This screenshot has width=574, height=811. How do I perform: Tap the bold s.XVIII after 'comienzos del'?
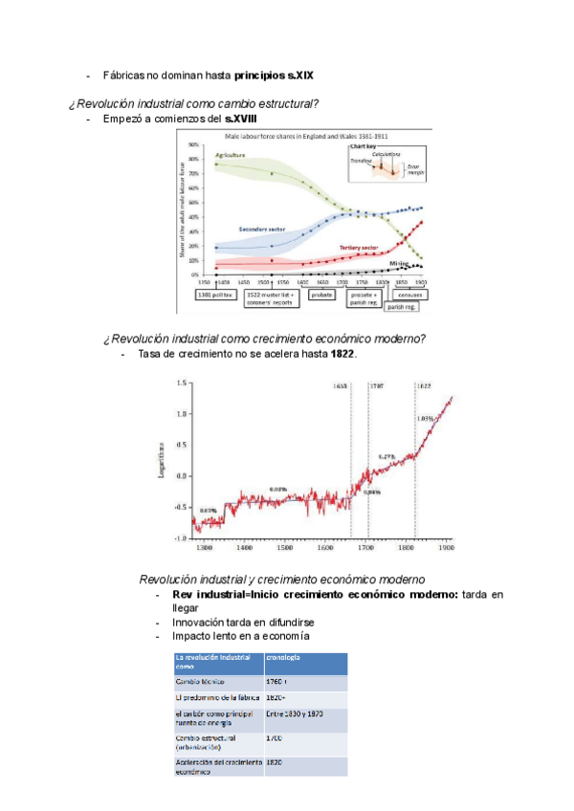240,120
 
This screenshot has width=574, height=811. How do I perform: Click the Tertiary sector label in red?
363,246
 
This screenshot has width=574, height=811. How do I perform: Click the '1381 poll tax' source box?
215,296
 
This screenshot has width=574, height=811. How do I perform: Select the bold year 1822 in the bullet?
342,355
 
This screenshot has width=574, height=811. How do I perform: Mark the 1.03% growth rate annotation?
426,418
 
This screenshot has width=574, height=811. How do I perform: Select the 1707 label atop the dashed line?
377,385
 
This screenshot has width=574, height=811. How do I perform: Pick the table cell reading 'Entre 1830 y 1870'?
294,713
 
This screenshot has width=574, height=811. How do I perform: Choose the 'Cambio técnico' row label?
200,682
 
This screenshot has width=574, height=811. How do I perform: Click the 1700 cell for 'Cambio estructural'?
276,739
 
